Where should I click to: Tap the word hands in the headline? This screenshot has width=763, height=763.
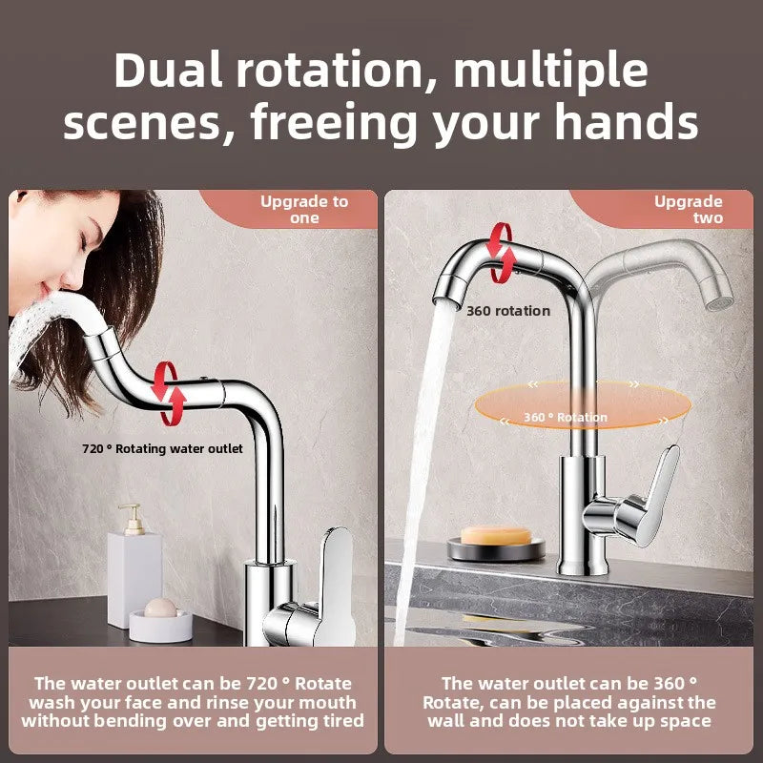pyautogui.click(x=633, y=124)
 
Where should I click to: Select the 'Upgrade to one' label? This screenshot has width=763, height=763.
pyautogui.click(x=304, y=210)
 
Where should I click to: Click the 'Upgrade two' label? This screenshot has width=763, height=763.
pyautogui.click(x=689, y=210)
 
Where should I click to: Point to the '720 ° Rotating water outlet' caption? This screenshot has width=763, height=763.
pyautogui.click(x=162, y=448)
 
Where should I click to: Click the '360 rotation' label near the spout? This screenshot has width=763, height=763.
pyautogui.click(x=508, y=311)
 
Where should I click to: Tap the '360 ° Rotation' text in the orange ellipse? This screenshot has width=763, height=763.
pyautogui.click(x=565, y=417)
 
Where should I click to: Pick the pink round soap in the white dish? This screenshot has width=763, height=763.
pyautogui.click(x=159, y=608)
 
